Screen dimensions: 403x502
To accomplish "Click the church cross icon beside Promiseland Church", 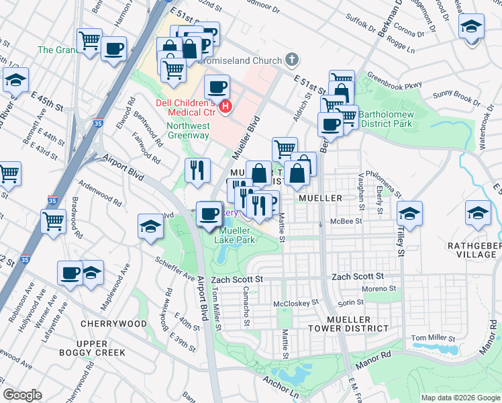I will coord(291,60).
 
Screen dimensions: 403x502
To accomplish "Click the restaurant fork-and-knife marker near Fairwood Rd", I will coord(197,171).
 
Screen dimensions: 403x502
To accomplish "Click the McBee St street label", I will coord(346,221).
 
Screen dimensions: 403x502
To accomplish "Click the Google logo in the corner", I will coord(23,395).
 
